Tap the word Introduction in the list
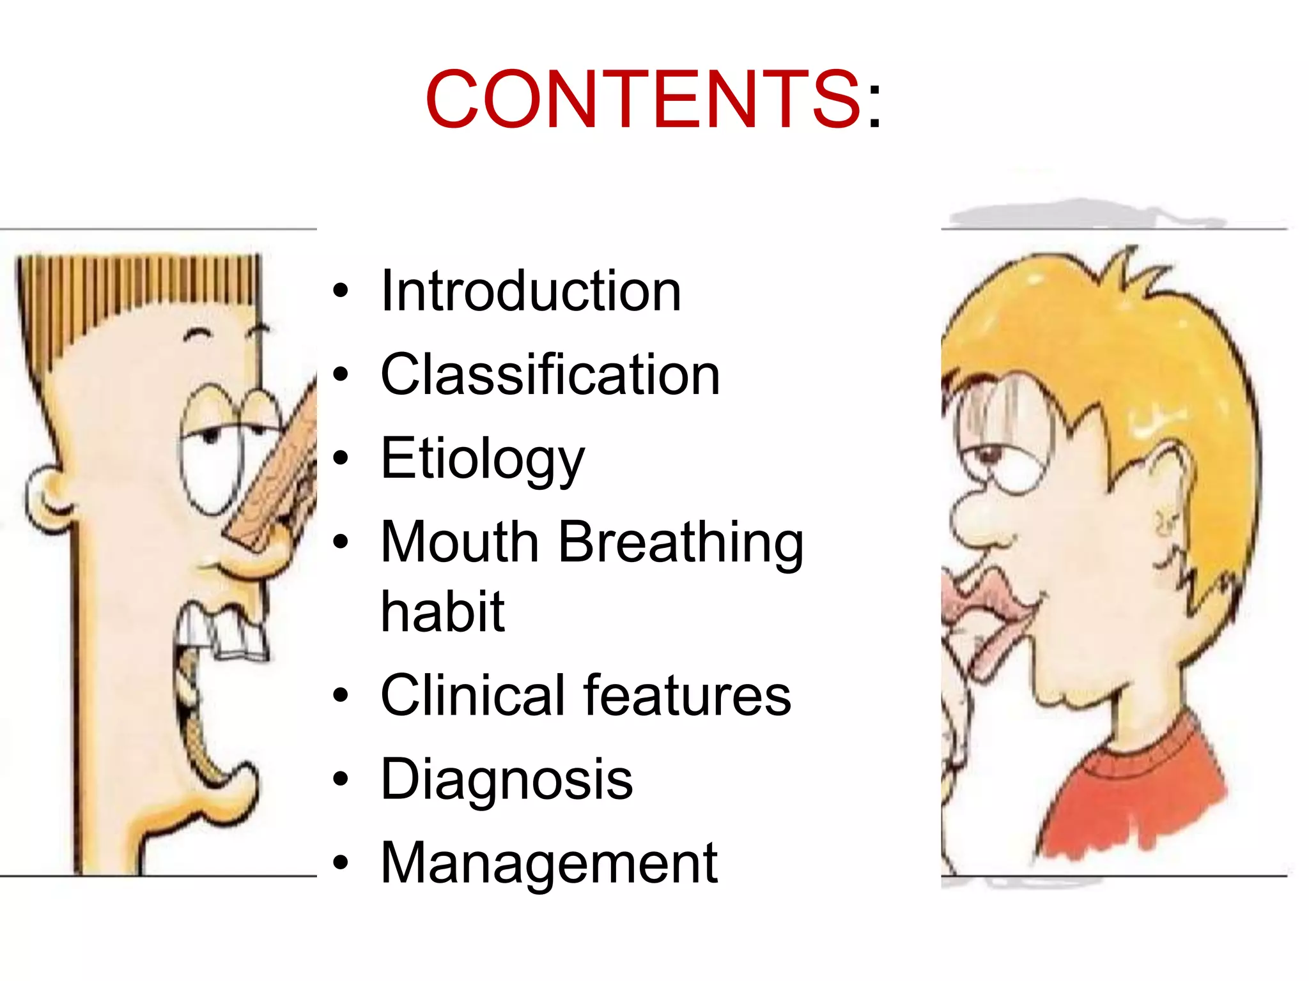point(531,291)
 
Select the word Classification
point(550,375)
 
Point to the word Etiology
point(483,459)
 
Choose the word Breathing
point(681,543)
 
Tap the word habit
point(442,611)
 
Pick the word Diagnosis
point(506,779)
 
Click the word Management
point(548,863)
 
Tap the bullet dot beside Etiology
point(341,458)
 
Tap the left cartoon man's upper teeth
point(224,632)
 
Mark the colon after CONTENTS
point(874,105)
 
